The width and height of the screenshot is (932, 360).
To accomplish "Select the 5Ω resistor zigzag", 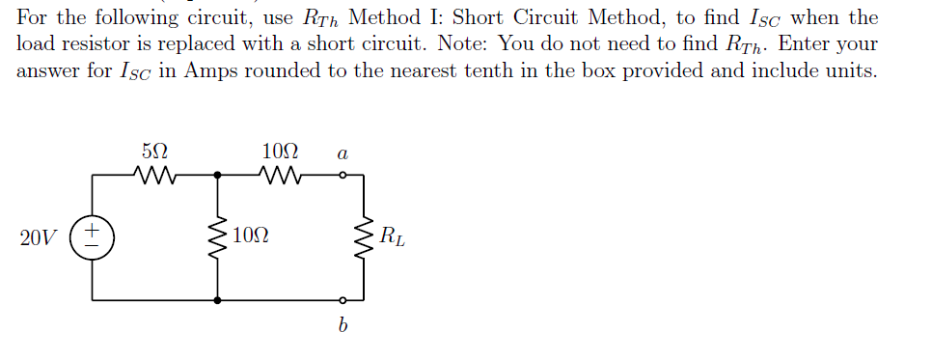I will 154,176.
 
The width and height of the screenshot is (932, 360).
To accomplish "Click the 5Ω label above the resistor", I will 154,152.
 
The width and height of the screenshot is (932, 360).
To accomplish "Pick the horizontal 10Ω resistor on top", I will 280,176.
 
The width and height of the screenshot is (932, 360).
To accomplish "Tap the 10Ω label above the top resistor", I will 280,152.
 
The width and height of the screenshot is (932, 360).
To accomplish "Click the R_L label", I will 393,235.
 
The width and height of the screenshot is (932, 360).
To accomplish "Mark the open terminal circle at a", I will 342,176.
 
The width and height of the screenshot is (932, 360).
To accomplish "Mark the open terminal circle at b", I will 342,300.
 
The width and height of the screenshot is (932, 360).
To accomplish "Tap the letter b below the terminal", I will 342,326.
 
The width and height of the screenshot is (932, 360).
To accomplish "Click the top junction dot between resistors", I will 217,176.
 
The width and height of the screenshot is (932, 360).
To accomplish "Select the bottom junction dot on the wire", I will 217,300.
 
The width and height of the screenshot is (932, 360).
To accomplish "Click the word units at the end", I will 850,71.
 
